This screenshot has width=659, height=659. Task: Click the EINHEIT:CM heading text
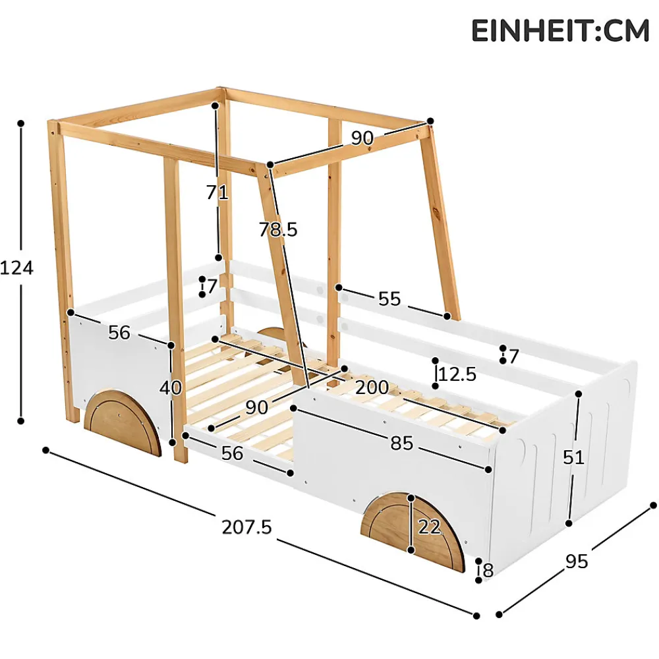coord(560,31)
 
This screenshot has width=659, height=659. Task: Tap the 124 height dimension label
coord(17,268)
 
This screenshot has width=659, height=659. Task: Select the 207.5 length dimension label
coord(247,527)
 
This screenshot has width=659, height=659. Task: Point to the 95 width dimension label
coord(577,561)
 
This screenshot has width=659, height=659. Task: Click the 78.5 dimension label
coord(278,229)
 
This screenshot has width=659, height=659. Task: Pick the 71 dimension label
coord(217,192)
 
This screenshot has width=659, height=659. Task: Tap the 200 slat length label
coord(372,387)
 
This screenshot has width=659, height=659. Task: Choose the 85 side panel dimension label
coord(402,443)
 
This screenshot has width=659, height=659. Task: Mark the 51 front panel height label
coord(574,457)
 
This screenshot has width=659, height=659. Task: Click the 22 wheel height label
coord(430,527)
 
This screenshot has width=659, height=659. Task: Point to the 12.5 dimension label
coord(457,374)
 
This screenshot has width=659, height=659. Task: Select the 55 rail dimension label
coord(389,299)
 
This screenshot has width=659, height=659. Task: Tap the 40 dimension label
coord(171,387)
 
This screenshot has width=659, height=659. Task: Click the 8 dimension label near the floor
coord(488,570)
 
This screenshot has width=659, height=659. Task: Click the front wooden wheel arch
coord(413,532)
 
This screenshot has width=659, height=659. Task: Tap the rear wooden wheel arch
coord(123,423)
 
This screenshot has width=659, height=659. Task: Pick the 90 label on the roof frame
coord(362,138)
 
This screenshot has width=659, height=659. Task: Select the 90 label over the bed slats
coord(257,407)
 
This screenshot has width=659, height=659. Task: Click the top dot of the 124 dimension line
coord(20,123)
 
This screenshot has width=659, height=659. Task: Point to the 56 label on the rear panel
coord(119,332)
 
